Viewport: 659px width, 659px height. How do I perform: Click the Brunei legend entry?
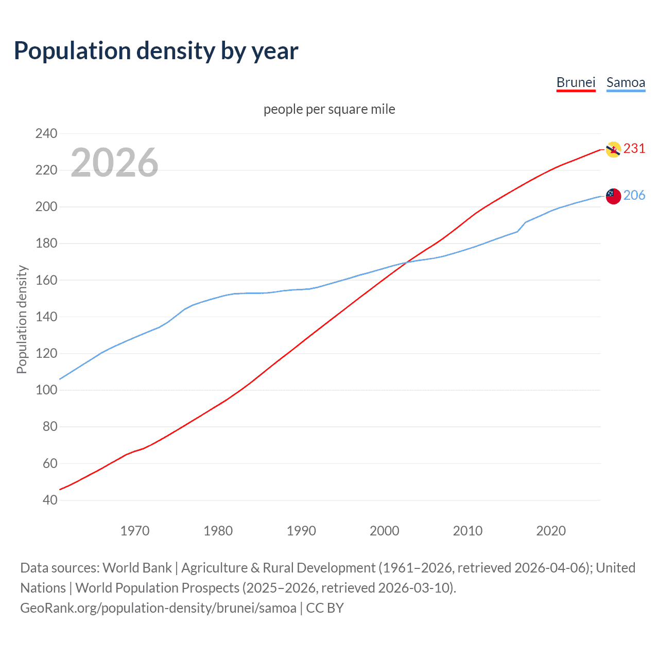pos(576,82)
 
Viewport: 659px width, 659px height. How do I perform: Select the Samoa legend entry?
pos(626,82)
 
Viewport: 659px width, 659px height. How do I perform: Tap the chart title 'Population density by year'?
pos(156,51)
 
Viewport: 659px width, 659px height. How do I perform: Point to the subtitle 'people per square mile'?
pos(329,109)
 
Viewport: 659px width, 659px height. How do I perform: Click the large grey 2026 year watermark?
pos(114,163)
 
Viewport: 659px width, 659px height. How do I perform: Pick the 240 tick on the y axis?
pos(46,133)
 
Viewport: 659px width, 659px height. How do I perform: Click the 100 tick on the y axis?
pos(46,390)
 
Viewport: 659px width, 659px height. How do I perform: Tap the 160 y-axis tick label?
pos(46,280)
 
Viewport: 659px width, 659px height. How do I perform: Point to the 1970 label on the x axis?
pos(135,531)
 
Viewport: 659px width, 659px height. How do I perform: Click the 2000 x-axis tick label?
pos(385,531)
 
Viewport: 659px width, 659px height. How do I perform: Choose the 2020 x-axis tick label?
pos(551,531)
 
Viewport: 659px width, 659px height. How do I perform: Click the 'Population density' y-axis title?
pos(22,319)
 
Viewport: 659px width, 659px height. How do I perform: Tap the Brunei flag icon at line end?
pos(613,149)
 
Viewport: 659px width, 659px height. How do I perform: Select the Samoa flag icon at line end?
pos(613,196)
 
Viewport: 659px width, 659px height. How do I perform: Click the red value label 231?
pos(634,148)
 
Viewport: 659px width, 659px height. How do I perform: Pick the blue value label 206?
pos(634,195)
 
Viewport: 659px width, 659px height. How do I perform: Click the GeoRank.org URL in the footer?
pos(158,608)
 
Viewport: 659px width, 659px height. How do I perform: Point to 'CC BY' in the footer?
pos(325,608)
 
